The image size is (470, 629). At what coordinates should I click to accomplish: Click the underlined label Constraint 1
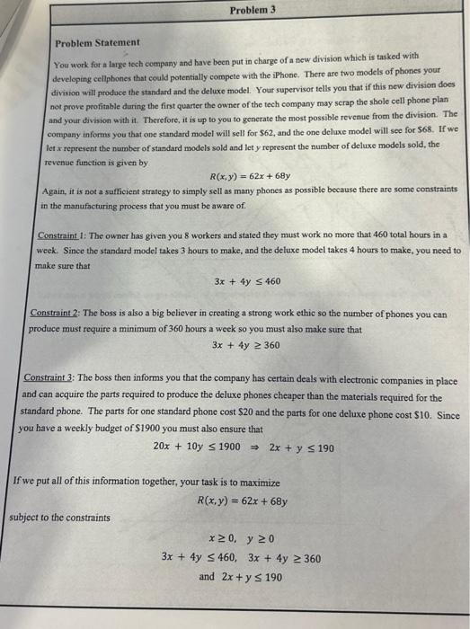pos(70,235)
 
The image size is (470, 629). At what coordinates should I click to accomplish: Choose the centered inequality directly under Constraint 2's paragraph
pos(244,344)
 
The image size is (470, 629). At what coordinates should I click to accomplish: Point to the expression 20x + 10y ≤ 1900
pos(197,446)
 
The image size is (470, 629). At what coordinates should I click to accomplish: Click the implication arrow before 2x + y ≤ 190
pos(255,446)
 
